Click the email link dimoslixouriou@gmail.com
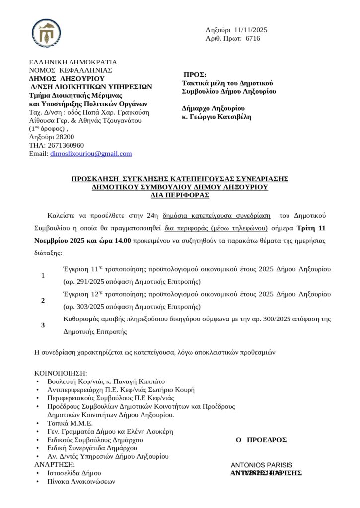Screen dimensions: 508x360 coord(91,154)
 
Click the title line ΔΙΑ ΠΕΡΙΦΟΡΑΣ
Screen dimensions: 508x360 coord(180,195)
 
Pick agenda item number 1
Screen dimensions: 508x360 coord(43,276)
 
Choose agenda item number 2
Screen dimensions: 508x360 coord(43,301)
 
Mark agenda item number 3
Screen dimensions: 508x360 coord(43,325)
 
